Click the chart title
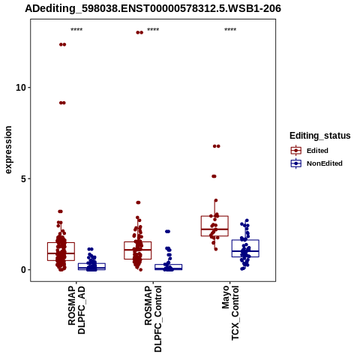tap(153, 8)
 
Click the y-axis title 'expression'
tap(8, 150)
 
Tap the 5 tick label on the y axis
tap(23, 178)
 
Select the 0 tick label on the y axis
tap(23, 270)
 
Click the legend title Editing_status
tap(320, 136)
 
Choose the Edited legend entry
tap(317, 151)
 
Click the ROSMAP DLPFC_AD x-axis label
tap(76, 310)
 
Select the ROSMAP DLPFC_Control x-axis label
tap(153, 319)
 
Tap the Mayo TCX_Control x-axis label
tap(230, 313)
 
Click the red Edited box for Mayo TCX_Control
tap(214, 226)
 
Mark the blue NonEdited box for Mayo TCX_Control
tap(245, 248)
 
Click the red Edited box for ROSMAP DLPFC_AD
tap(61, 251)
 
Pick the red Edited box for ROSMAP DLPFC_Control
tap(138, 250)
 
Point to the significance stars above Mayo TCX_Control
tap(230, 30)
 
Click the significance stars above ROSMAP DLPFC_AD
tap(76, 30)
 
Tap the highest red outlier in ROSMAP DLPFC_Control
tap(139, 32)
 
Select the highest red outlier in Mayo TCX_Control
tap(217, 146)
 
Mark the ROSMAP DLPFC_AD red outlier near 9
tap(62, 103)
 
